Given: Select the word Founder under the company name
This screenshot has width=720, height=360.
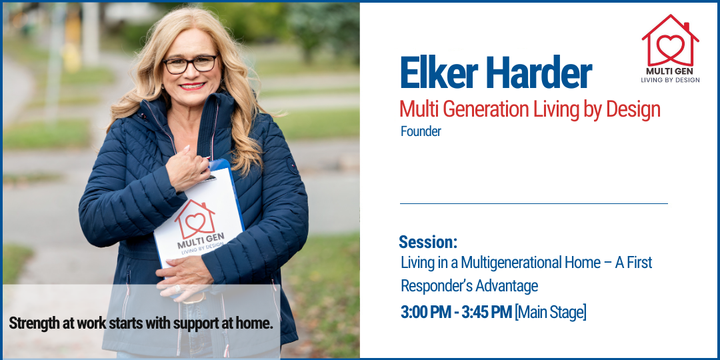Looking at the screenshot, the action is coord(421,131).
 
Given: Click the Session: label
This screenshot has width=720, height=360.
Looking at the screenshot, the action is coord(428,241).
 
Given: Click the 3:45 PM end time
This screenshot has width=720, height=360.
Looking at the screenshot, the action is coord(487,313).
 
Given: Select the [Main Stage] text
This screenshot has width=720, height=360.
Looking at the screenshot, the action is coord(551,313).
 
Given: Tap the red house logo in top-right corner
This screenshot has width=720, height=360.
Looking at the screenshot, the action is coord(670,41).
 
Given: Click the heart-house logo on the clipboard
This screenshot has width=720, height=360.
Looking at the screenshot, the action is coord(195,219).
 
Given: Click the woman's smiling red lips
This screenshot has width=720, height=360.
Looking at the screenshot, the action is coord(192,86).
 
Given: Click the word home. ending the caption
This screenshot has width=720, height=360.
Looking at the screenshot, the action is coord(255,323).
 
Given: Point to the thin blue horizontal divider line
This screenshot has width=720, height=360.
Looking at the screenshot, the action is coord(533,203).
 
